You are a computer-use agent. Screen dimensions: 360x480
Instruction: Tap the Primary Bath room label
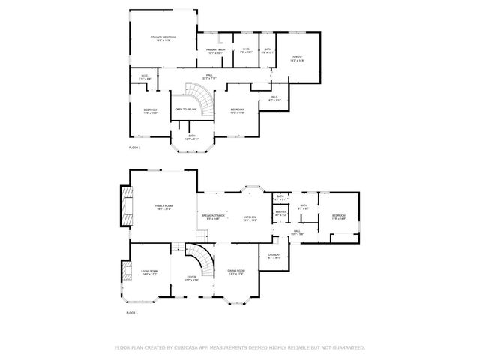tap(215, 50)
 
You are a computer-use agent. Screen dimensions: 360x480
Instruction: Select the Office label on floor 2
tap(297, 57)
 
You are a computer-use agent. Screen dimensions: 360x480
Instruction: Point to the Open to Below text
tap(186, 109)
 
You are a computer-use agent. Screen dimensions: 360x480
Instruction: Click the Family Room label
tap(163, 206)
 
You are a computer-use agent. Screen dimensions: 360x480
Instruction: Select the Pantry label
tap(280, 212)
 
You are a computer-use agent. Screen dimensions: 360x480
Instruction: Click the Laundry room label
tap(274, 255)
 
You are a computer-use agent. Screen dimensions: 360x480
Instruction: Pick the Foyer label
tap(192, 277)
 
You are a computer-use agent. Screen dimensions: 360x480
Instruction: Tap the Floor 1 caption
tap(133, 312)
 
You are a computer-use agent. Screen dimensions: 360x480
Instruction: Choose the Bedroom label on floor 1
tap(338, 217)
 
